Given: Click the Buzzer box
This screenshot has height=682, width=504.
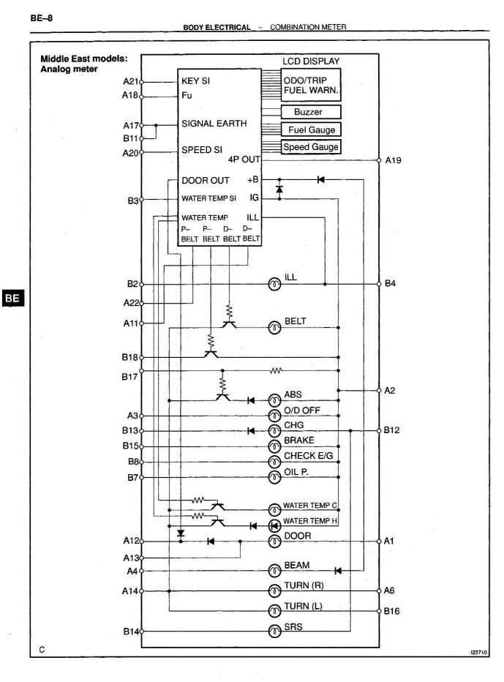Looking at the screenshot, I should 311,112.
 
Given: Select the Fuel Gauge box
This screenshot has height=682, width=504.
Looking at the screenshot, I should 311,130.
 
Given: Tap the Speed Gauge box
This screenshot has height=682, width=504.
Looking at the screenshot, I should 311,146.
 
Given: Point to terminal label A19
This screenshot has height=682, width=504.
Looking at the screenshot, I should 395,160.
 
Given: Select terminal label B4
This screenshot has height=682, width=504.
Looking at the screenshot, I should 392,283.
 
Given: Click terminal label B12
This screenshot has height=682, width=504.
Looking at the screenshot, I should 394,431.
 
